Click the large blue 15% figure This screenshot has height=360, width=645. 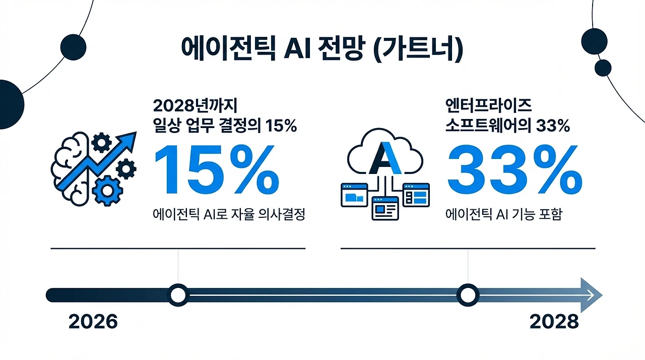(217, 169)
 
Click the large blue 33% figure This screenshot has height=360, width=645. (514, 169)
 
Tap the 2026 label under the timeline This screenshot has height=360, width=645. (93, 321)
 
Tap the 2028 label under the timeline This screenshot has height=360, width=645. (554, 321)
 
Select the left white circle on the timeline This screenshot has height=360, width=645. (178, 295)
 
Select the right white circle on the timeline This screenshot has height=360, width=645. (468, 295)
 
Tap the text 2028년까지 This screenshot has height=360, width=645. (195, 106)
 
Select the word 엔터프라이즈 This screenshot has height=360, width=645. (488, 106)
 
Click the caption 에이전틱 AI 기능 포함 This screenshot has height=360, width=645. (503, 214)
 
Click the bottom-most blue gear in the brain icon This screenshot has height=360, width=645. (107, 191)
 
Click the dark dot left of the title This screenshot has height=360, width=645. (73, 47)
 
